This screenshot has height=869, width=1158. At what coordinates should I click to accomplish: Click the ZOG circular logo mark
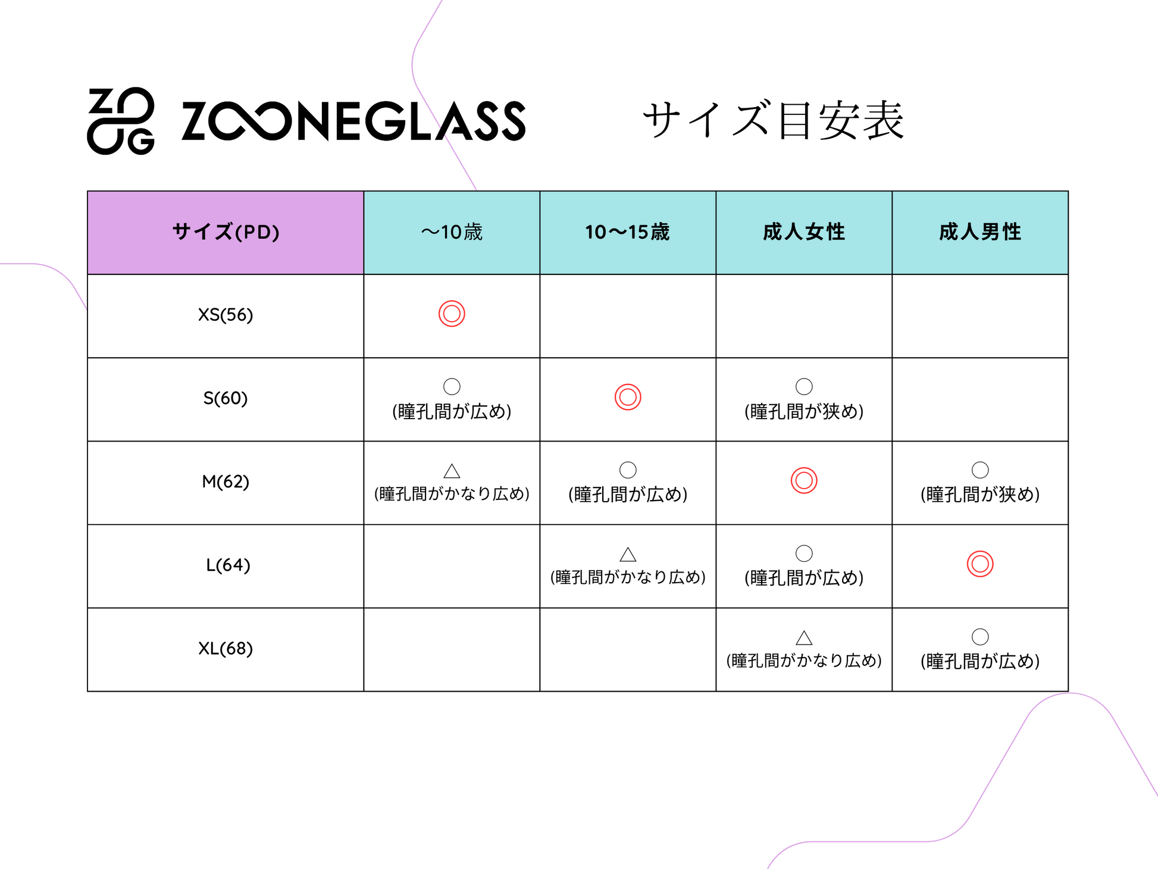121,121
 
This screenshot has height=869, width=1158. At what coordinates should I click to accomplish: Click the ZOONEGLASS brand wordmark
353,121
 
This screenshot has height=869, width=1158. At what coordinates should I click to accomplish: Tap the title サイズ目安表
773,120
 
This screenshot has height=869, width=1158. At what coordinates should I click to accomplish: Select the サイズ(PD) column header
226,232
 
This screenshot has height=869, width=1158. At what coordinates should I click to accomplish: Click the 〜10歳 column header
452,232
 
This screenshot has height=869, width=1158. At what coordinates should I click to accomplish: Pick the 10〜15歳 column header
627,232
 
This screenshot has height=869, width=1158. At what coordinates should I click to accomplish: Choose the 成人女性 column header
803,232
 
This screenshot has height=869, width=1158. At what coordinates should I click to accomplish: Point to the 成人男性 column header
979,232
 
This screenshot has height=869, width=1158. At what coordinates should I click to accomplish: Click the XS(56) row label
226,315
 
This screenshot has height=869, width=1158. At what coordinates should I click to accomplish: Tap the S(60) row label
226,398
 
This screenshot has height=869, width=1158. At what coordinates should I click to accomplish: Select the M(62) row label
226,482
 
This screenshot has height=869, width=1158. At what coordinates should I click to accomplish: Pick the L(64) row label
228,565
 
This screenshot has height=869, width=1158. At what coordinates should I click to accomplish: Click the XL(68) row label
226,648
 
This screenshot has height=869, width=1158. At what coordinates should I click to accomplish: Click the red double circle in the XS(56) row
452,314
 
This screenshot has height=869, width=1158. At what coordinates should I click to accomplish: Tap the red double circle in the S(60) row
628,397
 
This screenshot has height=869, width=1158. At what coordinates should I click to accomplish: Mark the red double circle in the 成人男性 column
980,564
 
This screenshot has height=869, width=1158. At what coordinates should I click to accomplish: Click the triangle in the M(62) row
452,471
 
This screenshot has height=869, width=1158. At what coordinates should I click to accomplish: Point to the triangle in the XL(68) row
804,638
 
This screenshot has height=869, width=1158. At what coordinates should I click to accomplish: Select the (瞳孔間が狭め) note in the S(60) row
804,411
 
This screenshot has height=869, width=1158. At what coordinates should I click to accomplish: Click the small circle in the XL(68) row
980,636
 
